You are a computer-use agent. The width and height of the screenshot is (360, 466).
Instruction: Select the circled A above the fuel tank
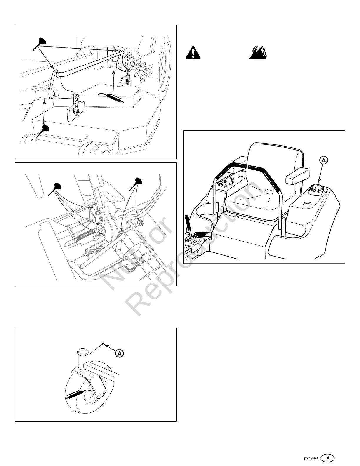coord(323,160)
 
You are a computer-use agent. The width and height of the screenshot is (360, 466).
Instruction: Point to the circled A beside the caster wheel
coord(119,353)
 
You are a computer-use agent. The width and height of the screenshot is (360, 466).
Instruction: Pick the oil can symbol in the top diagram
coord(112,97)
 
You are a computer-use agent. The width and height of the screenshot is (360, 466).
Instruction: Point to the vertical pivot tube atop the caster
coord(81,357)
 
